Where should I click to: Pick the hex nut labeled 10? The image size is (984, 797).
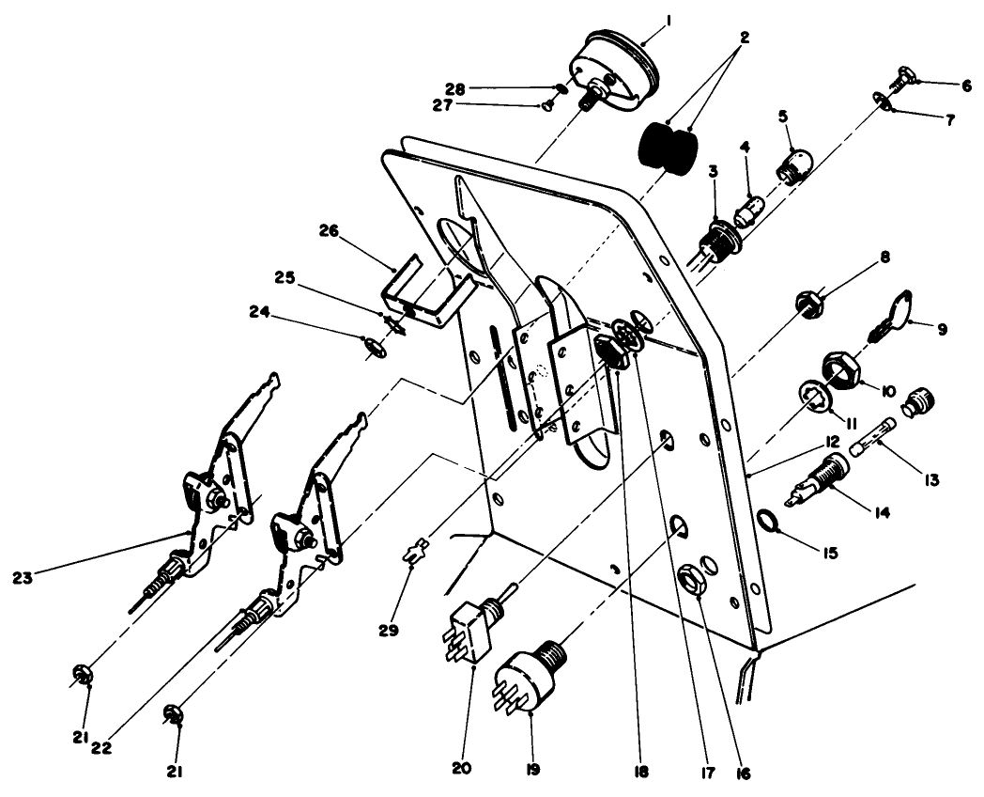(838, 369)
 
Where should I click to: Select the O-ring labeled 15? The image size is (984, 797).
(768, 520)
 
